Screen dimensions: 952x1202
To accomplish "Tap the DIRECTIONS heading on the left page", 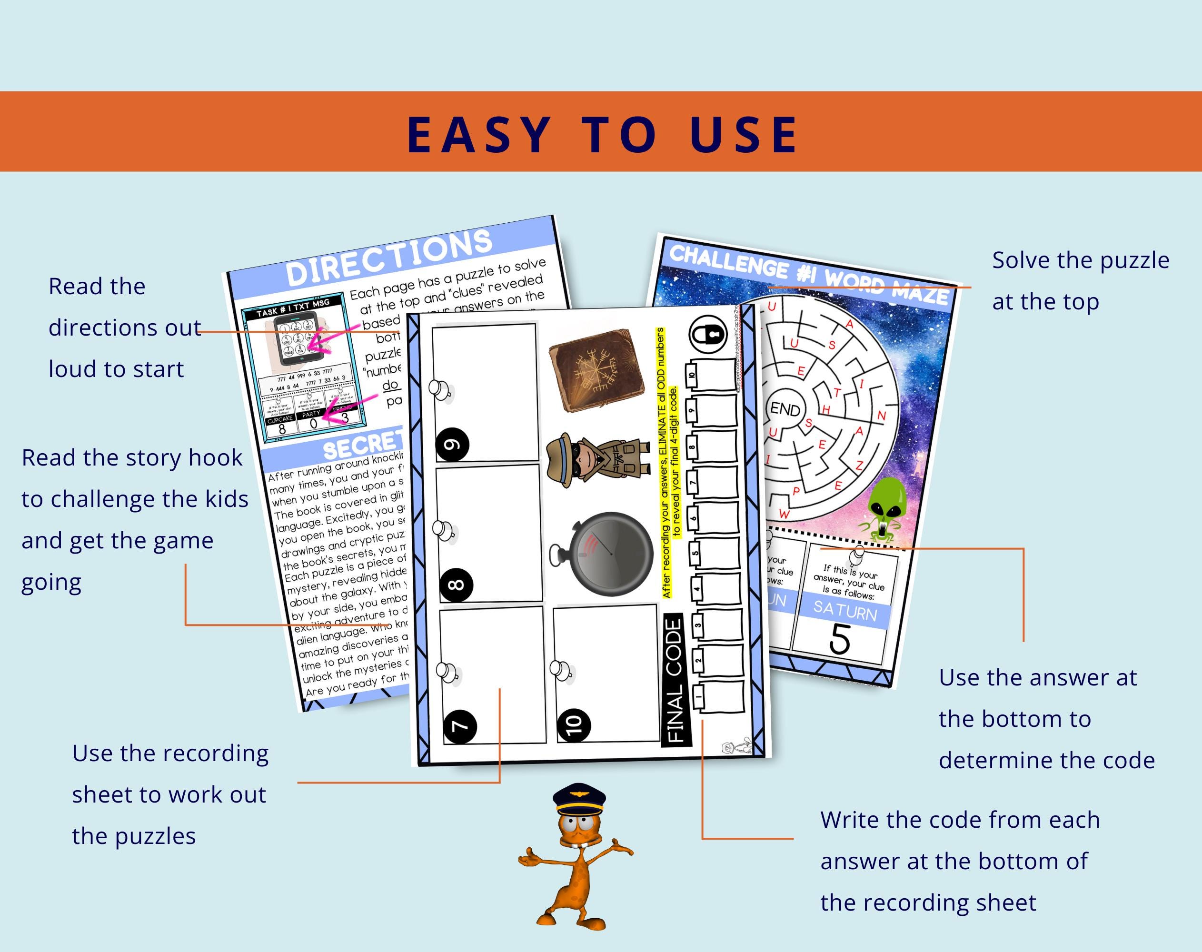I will pos(389,257).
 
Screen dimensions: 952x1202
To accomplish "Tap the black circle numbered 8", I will pos(456,585).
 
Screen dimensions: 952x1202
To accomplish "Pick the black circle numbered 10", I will pos(574,724).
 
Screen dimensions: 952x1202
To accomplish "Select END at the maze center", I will pos(785,409).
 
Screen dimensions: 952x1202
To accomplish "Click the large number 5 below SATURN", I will pos(840,639).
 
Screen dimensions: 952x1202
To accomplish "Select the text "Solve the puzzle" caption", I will pos(1081,260).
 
